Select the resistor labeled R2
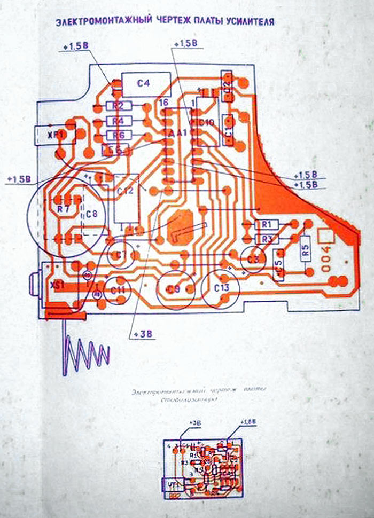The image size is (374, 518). click(x=119, y=106)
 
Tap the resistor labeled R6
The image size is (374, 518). click(x=119, y=135)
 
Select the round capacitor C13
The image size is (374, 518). click(x=221, y=288)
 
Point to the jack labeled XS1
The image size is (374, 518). click(x=56, y=286)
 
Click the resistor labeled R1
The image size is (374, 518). click(x=267, y=224)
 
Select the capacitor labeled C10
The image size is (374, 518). click(x=206, y=123)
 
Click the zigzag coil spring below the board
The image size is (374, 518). click(x=85, y=352)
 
